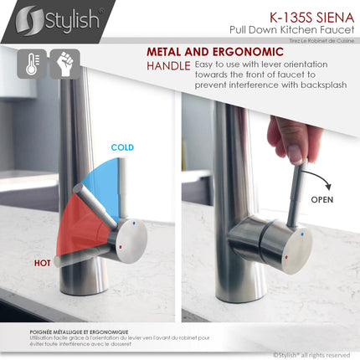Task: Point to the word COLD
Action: (x=123, y=147)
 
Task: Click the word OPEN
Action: (x=322, y=201)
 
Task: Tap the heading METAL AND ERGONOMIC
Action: (x=203, y=51)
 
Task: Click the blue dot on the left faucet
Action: (x=136, y=224)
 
